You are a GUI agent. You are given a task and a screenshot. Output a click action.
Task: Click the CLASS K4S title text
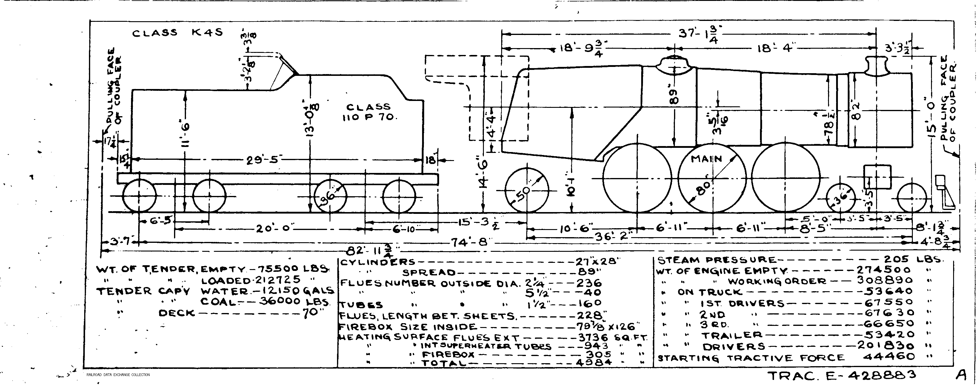click(177, 33)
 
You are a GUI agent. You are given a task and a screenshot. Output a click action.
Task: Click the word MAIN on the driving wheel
click(706, 159)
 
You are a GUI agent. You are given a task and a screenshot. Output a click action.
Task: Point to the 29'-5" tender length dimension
click(262, 160)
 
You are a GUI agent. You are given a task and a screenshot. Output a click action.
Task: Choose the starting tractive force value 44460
click(889, 357)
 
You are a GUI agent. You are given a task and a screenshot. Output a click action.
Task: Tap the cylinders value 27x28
click(597, 262)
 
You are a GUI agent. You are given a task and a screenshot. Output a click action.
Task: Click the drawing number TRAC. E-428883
click(842, 375)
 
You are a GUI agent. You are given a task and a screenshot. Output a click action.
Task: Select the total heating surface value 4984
click(593, 362)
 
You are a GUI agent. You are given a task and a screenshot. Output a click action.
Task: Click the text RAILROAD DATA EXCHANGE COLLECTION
click(118, 375)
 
